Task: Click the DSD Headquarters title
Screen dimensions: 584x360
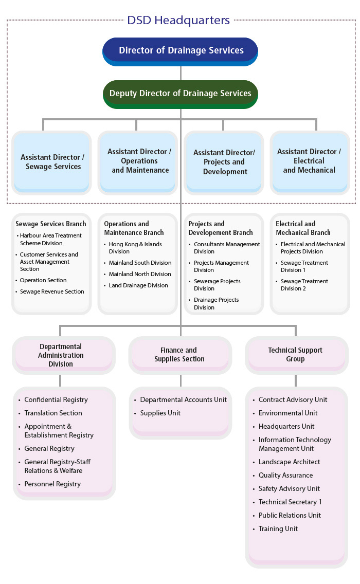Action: [178, 21]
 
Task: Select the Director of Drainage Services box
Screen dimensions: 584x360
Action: [181, 51]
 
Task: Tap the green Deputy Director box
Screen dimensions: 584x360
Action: [181, 94]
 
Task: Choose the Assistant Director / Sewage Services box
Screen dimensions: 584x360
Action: [53, 162]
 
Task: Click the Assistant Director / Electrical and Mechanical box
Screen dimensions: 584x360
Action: [309, 161]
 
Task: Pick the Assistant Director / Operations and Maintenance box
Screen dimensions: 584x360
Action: [139, 161]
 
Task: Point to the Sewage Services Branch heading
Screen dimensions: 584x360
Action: [51, 224]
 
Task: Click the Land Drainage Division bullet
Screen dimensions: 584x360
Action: [138, 285]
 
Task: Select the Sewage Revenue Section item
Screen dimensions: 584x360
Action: [51, 291]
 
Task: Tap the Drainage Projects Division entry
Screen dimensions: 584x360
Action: [216, 303]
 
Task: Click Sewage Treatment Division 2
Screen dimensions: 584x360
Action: [304, 285]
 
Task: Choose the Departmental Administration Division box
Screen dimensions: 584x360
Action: [61, 355]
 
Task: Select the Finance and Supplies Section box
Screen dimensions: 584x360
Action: [179, 355]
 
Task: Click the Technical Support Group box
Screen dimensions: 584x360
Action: [295, 355]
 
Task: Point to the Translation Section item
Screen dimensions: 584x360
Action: [53, 413]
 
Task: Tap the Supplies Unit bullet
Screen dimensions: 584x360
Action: [160, 413]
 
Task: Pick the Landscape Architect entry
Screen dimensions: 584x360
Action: [289, 462]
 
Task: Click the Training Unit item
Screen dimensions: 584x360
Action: [278, 528]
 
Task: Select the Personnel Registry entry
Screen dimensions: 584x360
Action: [52, 484]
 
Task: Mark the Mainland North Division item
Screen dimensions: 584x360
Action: [139, 274]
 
